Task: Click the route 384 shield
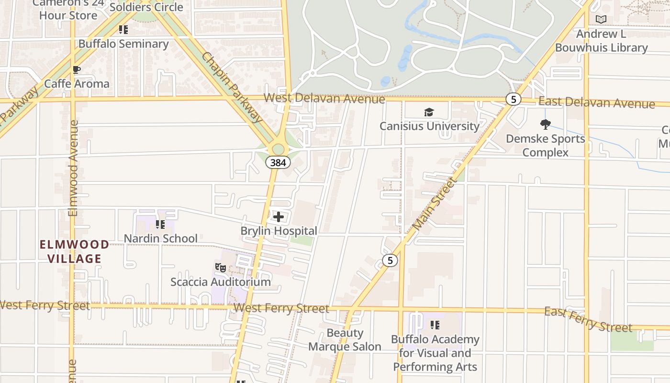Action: coord(278,162)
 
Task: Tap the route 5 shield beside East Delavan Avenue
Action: coord(513,99)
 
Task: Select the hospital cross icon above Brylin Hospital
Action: coord(278,217)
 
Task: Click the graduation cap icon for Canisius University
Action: coord(429,113)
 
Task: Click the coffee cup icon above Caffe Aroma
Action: coord(76,70)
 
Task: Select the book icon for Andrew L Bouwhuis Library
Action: coord(601,20)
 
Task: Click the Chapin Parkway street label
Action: coord(232,87)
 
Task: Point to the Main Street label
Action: coord(434,203)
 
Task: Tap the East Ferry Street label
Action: coord(588,319)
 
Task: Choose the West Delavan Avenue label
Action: coord(324,98)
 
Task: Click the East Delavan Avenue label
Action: coord(596,102)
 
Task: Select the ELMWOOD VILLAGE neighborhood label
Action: coord(74,251)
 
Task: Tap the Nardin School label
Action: coord(160,238)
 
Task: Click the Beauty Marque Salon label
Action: coord(345,339)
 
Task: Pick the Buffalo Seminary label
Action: coord(123,44)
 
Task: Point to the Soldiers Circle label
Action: coord(146,7)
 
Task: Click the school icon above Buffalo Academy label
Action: coord(435,326)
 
